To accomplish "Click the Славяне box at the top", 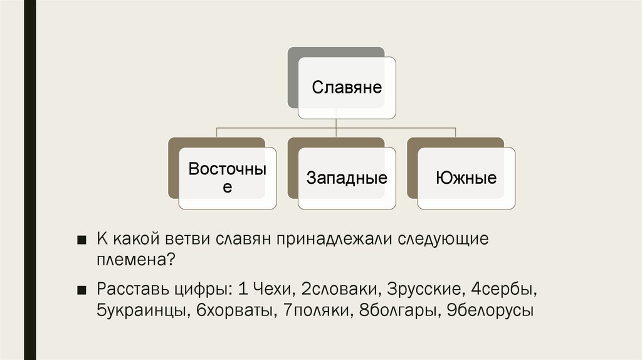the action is [x=347, y=87].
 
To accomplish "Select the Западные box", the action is [x=347, y=178].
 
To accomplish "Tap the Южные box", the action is [x=466, y=178].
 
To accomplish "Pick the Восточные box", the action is [x=228, y=178].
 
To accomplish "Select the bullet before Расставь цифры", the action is [x=82, y=290].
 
